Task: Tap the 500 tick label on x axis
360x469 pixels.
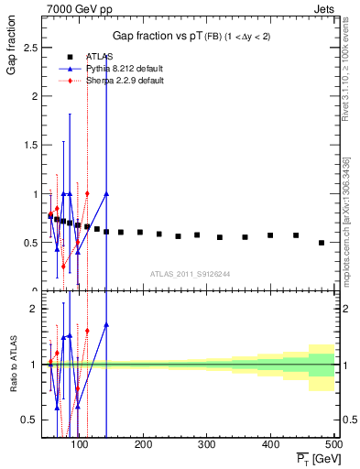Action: tap(333, 444)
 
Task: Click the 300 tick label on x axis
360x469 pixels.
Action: tap(207, 444)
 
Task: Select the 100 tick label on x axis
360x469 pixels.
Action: tap(80, 444)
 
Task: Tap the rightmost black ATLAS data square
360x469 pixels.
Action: tap(322, 243)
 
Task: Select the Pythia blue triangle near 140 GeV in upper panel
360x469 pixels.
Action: tap(106, 193)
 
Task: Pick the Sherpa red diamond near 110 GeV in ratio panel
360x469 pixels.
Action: tap(87, 331)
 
